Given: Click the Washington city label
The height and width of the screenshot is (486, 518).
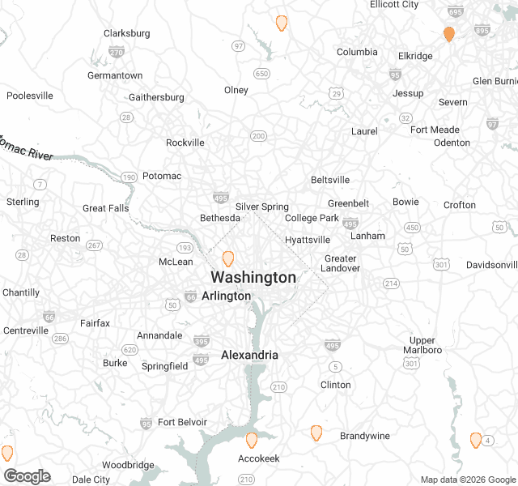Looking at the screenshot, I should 253,277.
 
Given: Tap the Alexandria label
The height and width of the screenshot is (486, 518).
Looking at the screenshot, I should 249,355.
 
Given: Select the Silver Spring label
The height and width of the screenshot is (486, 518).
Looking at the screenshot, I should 262,207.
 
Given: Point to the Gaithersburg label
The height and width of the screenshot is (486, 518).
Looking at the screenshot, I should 156,97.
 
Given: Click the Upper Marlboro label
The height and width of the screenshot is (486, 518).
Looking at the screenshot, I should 422,345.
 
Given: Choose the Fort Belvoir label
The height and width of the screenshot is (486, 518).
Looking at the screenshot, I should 182,422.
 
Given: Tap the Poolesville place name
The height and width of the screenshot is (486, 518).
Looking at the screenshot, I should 30,96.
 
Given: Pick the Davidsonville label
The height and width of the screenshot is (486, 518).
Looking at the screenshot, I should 491,265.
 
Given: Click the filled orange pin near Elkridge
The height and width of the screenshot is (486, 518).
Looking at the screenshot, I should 448,34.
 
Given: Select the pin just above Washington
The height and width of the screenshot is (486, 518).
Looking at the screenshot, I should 228,258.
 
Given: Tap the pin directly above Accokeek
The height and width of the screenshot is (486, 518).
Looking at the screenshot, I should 251,440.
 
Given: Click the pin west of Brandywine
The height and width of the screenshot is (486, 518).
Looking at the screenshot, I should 316,433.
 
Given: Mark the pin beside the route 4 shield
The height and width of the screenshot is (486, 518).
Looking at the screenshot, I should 476,440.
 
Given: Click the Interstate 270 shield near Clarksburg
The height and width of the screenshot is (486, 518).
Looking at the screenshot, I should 117,52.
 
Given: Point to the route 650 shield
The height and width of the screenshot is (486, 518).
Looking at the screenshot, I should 261,74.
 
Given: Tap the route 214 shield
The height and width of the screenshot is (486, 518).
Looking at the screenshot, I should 391,283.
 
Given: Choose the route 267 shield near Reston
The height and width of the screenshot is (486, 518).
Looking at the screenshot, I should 94,245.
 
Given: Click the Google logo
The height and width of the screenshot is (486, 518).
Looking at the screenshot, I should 27,476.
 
